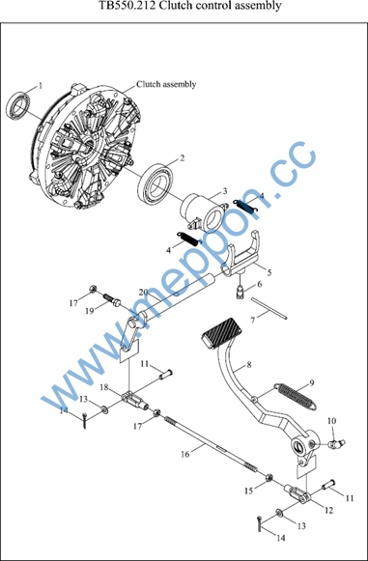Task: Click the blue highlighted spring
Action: (246, 207)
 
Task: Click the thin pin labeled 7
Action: (269, 307)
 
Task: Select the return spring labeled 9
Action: (296, 396)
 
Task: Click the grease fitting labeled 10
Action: (336, 443)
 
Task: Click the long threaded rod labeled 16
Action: (211, 443)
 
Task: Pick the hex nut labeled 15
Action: (269, 477)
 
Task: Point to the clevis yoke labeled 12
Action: (297, 494)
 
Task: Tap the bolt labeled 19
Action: (112, 301)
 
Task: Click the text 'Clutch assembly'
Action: (166, 84)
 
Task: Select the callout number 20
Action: (144, 292)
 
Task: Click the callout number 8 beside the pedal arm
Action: (249, 365)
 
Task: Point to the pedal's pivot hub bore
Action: (298, 446)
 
